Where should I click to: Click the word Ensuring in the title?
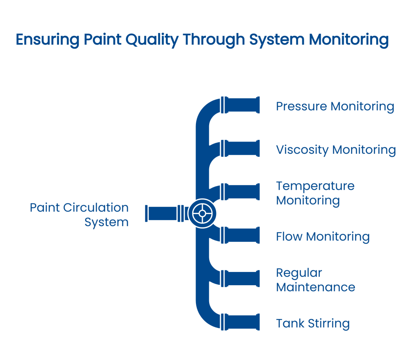45,40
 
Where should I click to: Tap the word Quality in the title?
152,40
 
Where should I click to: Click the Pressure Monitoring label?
335,107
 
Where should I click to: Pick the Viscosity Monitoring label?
336,150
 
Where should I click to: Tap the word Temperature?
315,186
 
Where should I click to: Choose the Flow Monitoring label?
323,237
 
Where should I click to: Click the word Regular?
299,273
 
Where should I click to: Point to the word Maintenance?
315,287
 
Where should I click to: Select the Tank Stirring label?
313,323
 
